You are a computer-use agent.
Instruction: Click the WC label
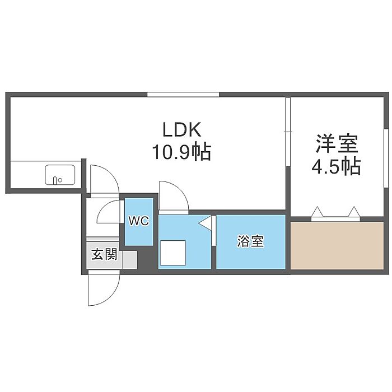pyautogui.click(x=138, y=221)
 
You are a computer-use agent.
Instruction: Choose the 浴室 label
pyautogui.click(x=250, y=242)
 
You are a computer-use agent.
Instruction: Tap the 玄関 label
pyautogui.click(x=104, y=255)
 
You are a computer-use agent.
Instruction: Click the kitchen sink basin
pyautogui.click(x=60, y=175)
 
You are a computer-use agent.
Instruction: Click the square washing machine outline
pyautogui.click(x=172, y=253)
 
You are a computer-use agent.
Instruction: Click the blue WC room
pyautogui.click(x=138, y=230)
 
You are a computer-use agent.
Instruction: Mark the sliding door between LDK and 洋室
pyautogui.click(x=287, y=132)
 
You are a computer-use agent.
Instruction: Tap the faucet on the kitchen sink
pyautogui.click(x=56, y=180)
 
